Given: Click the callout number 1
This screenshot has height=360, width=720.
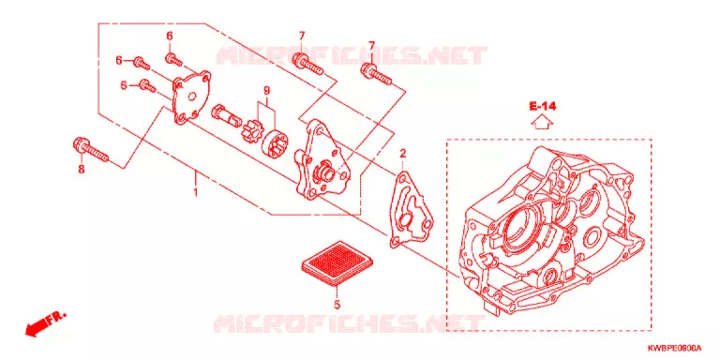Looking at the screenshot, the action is [x=195, y=191].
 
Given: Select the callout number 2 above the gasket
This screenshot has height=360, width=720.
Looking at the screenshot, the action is [x=402, y=154].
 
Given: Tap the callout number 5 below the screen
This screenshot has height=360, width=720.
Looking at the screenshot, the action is [x=337, y=305].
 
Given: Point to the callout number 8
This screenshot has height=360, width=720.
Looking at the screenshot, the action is [x=82, y=170].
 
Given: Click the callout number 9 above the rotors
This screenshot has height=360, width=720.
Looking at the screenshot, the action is [x=266, y=90].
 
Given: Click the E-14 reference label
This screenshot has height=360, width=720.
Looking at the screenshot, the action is [x=542, y=107].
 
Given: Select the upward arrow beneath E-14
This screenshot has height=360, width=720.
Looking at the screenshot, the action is [x=542, y=123].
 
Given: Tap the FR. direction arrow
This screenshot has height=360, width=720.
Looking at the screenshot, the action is [x=46, y=323].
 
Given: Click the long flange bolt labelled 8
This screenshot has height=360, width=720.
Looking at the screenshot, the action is [x=90, y=150].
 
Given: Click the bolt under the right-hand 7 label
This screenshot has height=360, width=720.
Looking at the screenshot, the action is [x=376, y=75].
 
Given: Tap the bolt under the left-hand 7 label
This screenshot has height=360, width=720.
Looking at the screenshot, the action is [x=307, y=65].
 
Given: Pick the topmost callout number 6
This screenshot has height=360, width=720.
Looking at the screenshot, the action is [x=170, y=36].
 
